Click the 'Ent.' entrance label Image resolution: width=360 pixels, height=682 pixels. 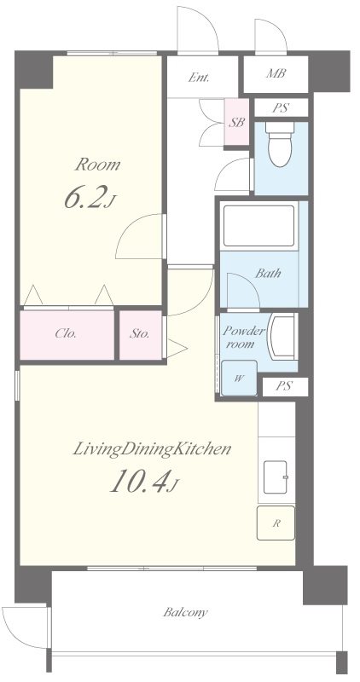pos(199,78)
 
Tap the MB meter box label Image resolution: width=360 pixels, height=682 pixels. pos(276,74)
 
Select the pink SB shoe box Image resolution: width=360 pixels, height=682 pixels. pos(237,122)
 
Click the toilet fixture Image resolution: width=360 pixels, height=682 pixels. pos(280,144)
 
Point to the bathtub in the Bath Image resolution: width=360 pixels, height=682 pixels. pos(259,225)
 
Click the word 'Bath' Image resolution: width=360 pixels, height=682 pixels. pos(268,274)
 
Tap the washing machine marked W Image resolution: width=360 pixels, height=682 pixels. pos(239,378)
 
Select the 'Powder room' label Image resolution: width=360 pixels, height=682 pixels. pos(243,338)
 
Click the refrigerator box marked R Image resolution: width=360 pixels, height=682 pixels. pos(276,523)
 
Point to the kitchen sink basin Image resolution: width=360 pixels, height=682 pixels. pos(275,477)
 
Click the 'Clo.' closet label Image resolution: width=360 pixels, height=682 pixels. pos(67,334)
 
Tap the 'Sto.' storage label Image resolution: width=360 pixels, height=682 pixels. pos(139,334)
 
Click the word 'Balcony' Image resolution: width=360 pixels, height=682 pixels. pos(185,613)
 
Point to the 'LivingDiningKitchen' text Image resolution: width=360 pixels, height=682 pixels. pos(151,450)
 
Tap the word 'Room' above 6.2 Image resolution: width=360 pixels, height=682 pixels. pos(98,165)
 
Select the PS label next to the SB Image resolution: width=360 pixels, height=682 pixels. pos(281,108)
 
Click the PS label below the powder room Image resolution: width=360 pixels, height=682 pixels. pos(284,386)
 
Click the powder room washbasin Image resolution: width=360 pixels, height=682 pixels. pos(282,336)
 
